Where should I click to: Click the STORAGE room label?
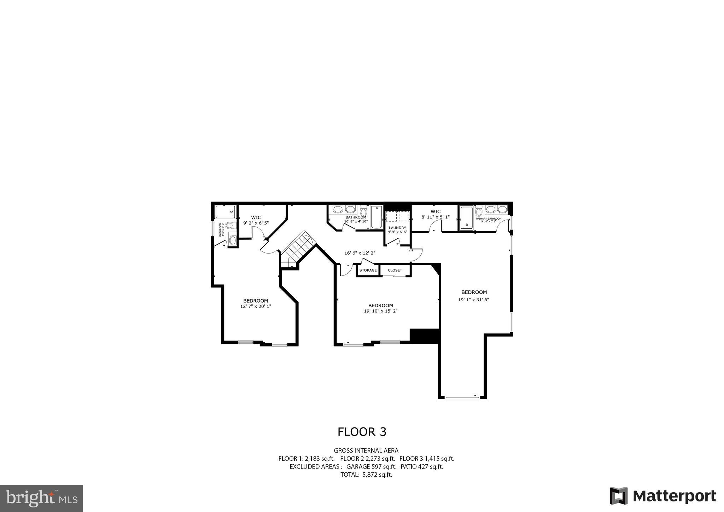pos(368,270)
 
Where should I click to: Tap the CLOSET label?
pos(395,270)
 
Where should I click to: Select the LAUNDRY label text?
pos(397,228)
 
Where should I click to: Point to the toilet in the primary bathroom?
pos(479,211)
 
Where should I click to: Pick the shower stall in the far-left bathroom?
pos(226,212)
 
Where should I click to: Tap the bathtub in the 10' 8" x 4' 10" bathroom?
pos(376,217)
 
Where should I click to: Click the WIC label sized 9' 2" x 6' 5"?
pos(256,217)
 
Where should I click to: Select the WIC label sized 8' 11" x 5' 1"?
pos(436,211)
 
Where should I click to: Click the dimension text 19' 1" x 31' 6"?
pos(474,299)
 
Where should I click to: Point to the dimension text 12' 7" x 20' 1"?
pos(256,306)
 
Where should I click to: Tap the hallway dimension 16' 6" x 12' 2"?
pos(360,253)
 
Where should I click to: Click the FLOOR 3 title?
pos(362,432)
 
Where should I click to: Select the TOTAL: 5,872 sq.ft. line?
pos(366,475)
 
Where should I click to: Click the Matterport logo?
pos(663,496)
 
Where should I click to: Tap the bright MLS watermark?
pos(42,499)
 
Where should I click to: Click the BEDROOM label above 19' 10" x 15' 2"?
pos(380,306)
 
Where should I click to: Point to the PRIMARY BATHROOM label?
pos(489,219)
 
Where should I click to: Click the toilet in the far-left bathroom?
pos(229,225)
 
